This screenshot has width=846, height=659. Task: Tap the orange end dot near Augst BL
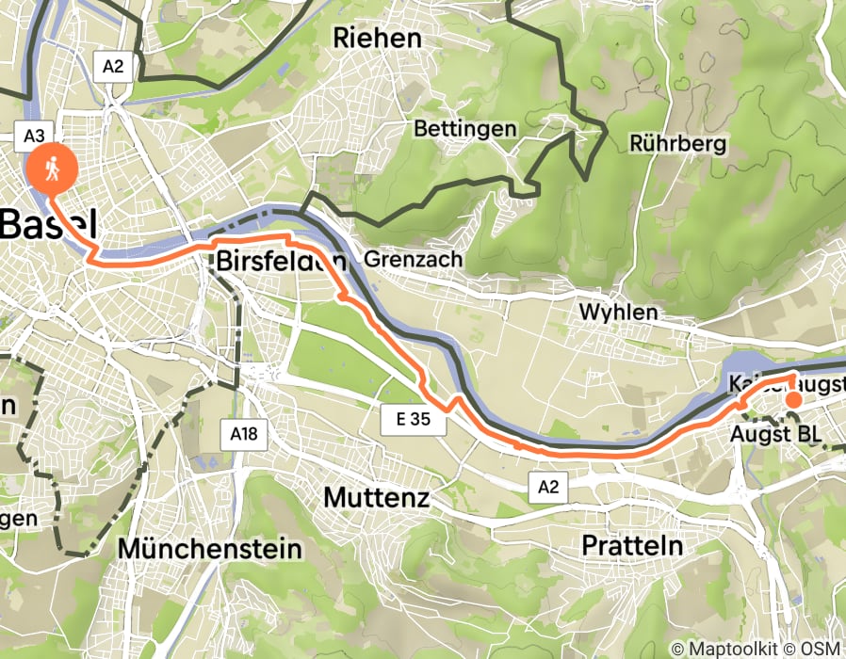point(793,399)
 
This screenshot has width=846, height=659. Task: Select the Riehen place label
point(377,38)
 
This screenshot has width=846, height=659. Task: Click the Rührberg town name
point(678,144)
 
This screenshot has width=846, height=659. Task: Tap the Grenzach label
point(413,258)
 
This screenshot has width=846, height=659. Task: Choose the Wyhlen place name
point(619,311)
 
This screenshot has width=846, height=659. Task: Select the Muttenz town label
point(377,497)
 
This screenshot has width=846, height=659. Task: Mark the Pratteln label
point(632,545)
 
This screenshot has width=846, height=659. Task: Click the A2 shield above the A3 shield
point(112,65)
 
